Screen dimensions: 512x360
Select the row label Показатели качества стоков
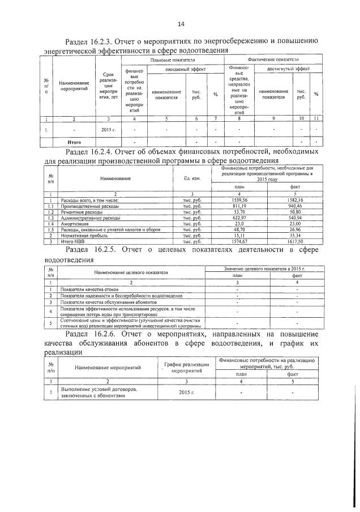[x=91, y=289]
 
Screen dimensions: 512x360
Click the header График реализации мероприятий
[x=187, y=367]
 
